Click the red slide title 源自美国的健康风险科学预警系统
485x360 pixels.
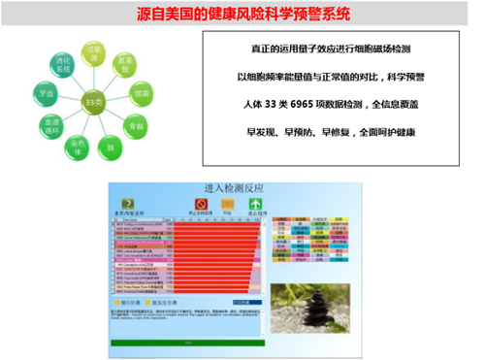[242, 15]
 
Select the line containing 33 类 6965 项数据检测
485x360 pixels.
[324, 102]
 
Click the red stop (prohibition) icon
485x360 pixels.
[202, 205]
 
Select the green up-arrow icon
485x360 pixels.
[258, 205]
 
